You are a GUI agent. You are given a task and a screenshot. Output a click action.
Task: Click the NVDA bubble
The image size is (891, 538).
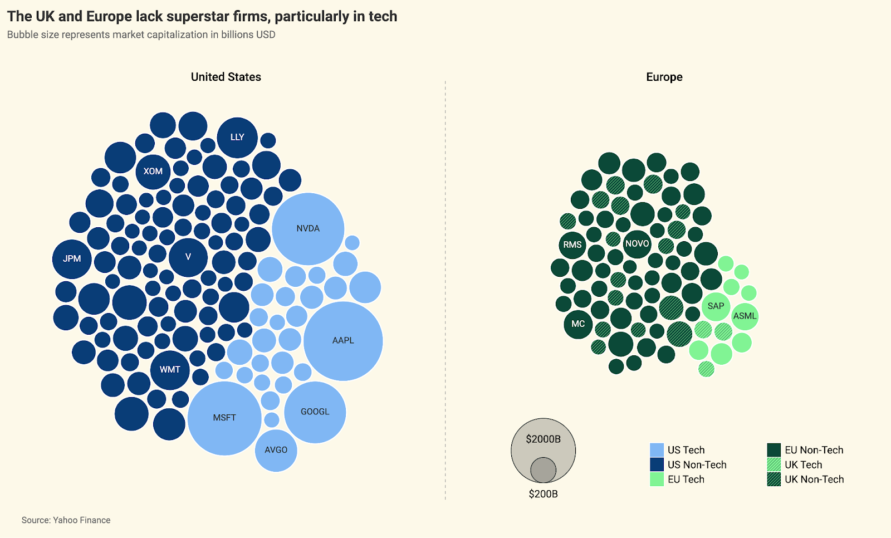click(308, 228)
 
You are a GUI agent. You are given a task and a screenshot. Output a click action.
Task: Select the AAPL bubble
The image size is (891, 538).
click(343, 341)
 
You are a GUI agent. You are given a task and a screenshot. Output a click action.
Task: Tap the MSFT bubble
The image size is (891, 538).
click(224, 418)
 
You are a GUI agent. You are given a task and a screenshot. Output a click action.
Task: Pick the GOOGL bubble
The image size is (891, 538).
click(315, 412)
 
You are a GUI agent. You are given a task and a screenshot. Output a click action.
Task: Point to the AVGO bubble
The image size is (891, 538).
click(276, 450)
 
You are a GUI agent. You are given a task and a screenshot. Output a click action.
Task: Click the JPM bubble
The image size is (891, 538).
click(72, 259)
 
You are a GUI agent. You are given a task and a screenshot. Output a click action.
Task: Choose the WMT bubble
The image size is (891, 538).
click(170, 370)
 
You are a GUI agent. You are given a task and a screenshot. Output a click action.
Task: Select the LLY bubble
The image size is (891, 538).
click(237, 137)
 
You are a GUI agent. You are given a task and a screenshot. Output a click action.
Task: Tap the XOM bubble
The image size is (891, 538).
click(153, 172)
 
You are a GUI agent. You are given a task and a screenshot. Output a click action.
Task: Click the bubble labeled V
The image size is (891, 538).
click(188, 257)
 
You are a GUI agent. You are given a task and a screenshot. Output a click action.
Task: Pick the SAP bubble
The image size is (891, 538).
click(716, 306)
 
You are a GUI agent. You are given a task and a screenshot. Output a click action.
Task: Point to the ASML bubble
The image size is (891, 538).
click(745, 316)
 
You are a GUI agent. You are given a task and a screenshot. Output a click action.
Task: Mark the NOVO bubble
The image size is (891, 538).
click(637, 244)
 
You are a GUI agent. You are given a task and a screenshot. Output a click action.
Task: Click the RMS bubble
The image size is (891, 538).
click(572, 245)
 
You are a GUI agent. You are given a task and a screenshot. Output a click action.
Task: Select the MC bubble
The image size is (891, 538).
click(578, 324)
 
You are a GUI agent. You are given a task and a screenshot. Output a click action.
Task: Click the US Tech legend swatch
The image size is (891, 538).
click(657, 450)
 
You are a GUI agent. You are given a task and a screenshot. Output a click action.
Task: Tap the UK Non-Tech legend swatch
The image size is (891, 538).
click(774, 480)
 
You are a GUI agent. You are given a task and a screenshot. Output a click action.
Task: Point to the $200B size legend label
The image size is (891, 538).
click(543, 494)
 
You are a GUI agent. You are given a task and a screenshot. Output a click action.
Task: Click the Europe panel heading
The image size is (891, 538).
click(664, 77)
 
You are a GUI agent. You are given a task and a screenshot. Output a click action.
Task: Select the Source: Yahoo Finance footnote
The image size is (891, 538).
click(66, 520)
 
